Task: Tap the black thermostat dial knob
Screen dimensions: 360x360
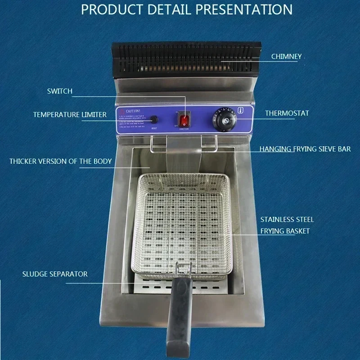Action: [221, 120]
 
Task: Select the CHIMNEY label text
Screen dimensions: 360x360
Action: [286, 57]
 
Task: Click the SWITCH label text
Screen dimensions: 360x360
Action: [59, 91]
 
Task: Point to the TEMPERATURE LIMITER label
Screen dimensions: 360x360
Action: [70, 115]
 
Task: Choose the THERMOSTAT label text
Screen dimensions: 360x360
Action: [287, 113]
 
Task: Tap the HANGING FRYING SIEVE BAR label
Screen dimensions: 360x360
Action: [305, 149]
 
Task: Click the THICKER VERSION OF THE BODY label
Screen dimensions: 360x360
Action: [61, 161]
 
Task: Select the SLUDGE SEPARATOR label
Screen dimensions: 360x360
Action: [55, 274]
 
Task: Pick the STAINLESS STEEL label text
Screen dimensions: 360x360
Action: [287, 220]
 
